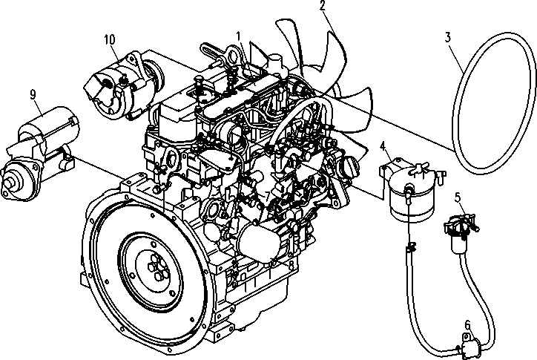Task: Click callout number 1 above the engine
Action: click(x=239, y=36)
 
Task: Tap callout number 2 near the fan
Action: click(x=323, y=7)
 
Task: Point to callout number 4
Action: click(x=382, y=145)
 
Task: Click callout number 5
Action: click(x=458, y=197)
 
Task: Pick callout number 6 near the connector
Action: click(x=467, y=324)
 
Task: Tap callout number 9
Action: click(x=33, y=94)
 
